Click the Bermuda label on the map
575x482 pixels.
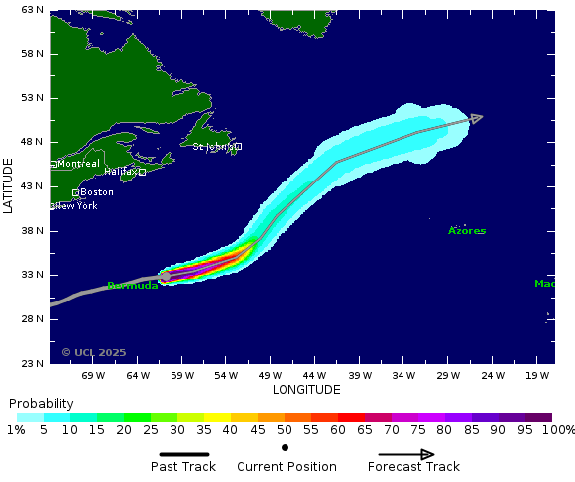pos(132,286)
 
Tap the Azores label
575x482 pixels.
pos(467,231)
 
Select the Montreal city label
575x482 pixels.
pos(78,164)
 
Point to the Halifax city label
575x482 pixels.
pos(121,172)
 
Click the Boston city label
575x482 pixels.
pos(96,192)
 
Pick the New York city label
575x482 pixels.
pos(75,206)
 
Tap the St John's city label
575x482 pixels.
pos(214,147)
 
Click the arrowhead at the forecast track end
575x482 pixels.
pos(477,118)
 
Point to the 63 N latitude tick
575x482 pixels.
pos(32,10)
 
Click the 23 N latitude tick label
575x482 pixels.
pos(32,363)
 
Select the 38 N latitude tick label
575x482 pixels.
pos(32,231)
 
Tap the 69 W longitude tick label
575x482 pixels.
pos(93,376)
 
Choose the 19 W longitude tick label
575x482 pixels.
pos(537,376)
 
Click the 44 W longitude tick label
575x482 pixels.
pos(315,376)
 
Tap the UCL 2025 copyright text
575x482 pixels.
pos(94,352)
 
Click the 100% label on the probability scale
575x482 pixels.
pos(558,430)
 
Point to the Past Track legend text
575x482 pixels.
pos(183,467)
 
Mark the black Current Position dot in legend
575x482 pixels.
pos(286,448)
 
